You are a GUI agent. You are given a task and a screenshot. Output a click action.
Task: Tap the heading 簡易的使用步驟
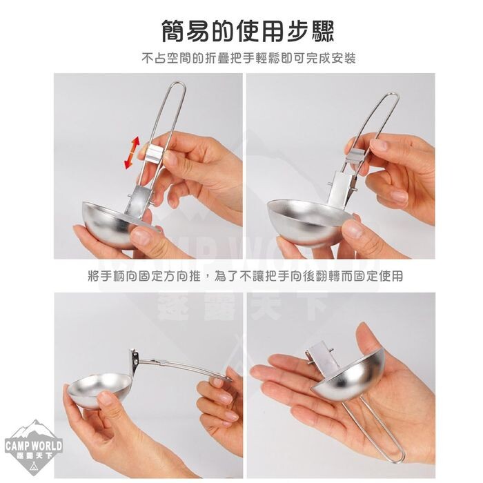point(248,31)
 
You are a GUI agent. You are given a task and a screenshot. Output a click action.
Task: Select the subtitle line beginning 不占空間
point(249,58)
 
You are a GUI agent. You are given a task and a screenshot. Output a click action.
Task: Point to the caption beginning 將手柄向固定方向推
point(246,276)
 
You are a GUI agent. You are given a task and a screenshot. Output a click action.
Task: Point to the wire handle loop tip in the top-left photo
point(178,83)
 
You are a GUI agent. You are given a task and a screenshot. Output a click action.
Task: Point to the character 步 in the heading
point(292,31)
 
